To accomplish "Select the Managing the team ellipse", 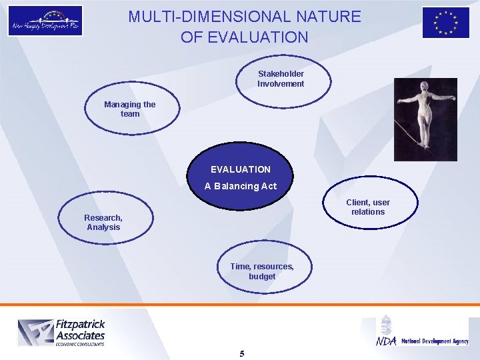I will (131, 110).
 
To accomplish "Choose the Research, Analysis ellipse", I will (105, 221).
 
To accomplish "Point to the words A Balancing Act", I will (240, 186).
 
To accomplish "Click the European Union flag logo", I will (445, 22).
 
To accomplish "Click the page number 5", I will (241, 353).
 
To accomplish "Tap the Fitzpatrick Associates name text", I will (80, 330).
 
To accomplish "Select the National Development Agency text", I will (435, 341).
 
